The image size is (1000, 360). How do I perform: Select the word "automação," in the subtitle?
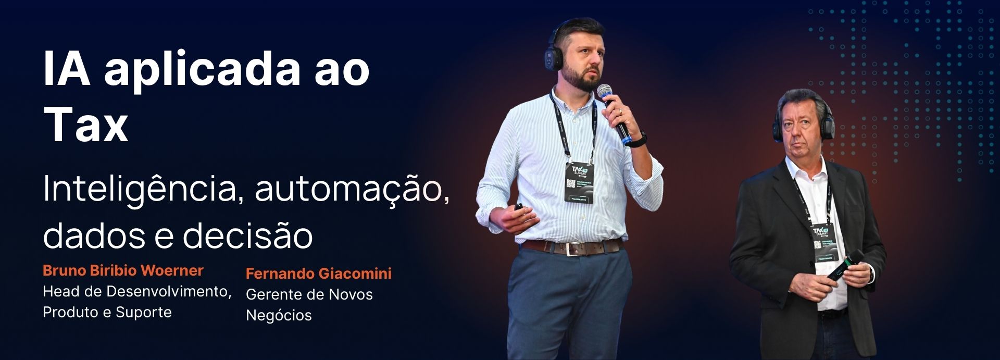pos(352,189)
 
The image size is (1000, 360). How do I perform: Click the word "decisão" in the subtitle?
pos(248,235)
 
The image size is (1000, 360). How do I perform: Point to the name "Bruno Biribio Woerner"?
pos(123,270)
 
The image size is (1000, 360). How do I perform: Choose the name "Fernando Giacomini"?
pos(318,274)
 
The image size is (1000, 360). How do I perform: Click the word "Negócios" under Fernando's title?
pos(279,315)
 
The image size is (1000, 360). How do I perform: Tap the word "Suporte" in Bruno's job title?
pos(144,312)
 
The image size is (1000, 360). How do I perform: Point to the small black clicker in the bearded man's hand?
pos(519,207)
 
